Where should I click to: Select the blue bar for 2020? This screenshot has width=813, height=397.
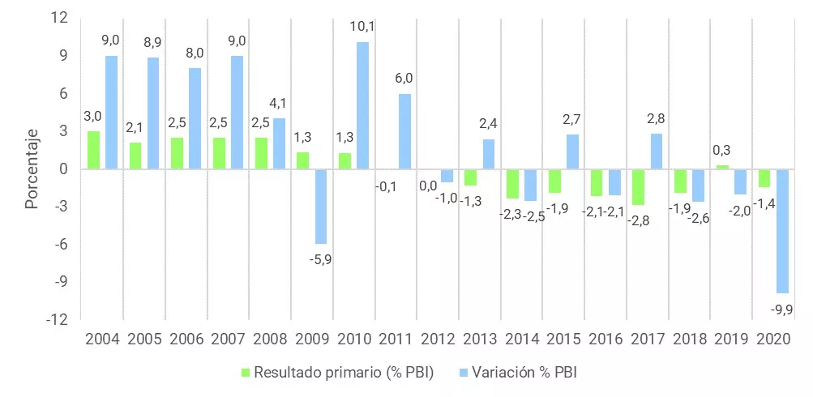781,231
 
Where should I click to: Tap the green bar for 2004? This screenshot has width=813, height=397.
93,150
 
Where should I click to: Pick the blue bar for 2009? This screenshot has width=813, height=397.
321,206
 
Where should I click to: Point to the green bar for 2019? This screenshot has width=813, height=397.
722,167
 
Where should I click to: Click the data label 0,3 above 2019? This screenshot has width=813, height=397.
722,150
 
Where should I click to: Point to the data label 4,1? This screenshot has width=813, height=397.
279,104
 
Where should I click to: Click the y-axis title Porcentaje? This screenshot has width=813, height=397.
32,169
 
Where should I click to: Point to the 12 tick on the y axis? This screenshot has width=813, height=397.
62,18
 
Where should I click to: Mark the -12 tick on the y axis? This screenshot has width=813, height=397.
59,319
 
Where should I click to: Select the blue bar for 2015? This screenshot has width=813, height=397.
572,152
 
